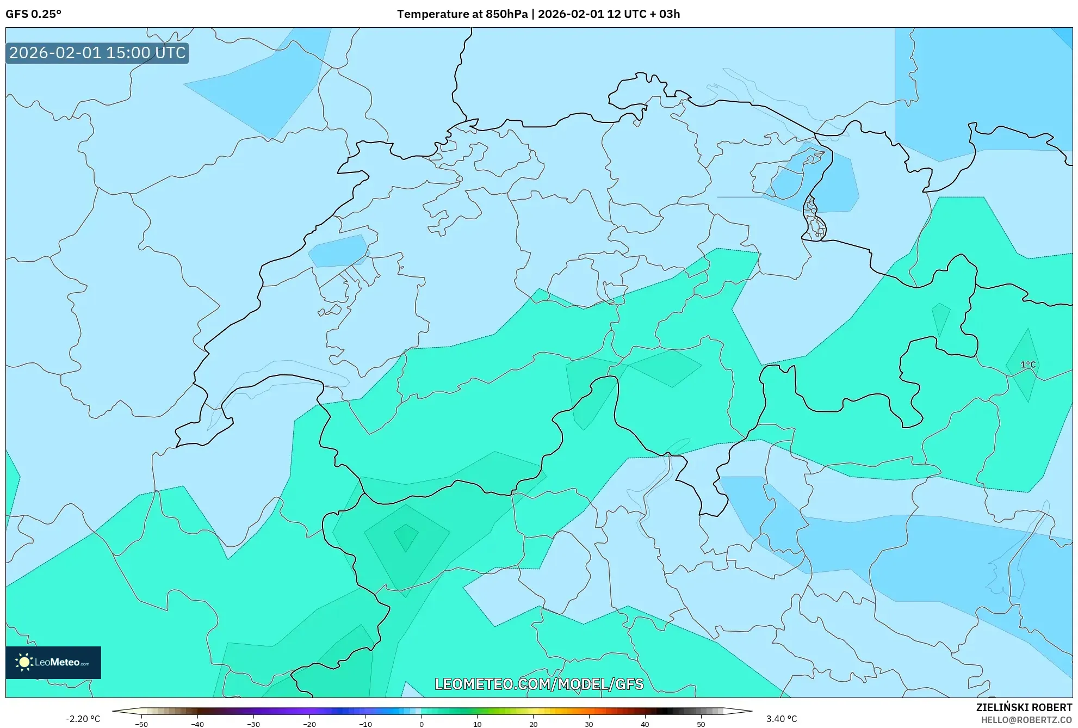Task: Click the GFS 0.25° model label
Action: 33,14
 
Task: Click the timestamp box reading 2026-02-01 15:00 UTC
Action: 97,53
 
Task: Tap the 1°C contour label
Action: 1027,365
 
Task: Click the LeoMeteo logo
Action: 53,662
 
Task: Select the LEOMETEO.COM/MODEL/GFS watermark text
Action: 538,684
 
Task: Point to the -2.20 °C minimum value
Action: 83,719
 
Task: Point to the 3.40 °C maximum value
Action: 781,719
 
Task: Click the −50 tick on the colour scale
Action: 141,724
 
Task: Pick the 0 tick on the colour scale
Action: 421,724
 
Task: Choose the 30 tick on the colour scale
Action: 589,724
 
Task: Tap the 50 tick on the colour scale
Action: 701,724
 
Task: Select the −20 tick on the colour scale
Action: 309,724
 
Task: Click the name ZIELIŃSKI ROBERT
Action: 1024,707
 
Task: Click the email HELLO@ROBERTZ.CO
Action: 1026,720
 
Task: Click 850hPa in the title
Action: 506,14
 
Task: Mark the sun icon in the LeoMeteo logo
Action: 24,662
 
